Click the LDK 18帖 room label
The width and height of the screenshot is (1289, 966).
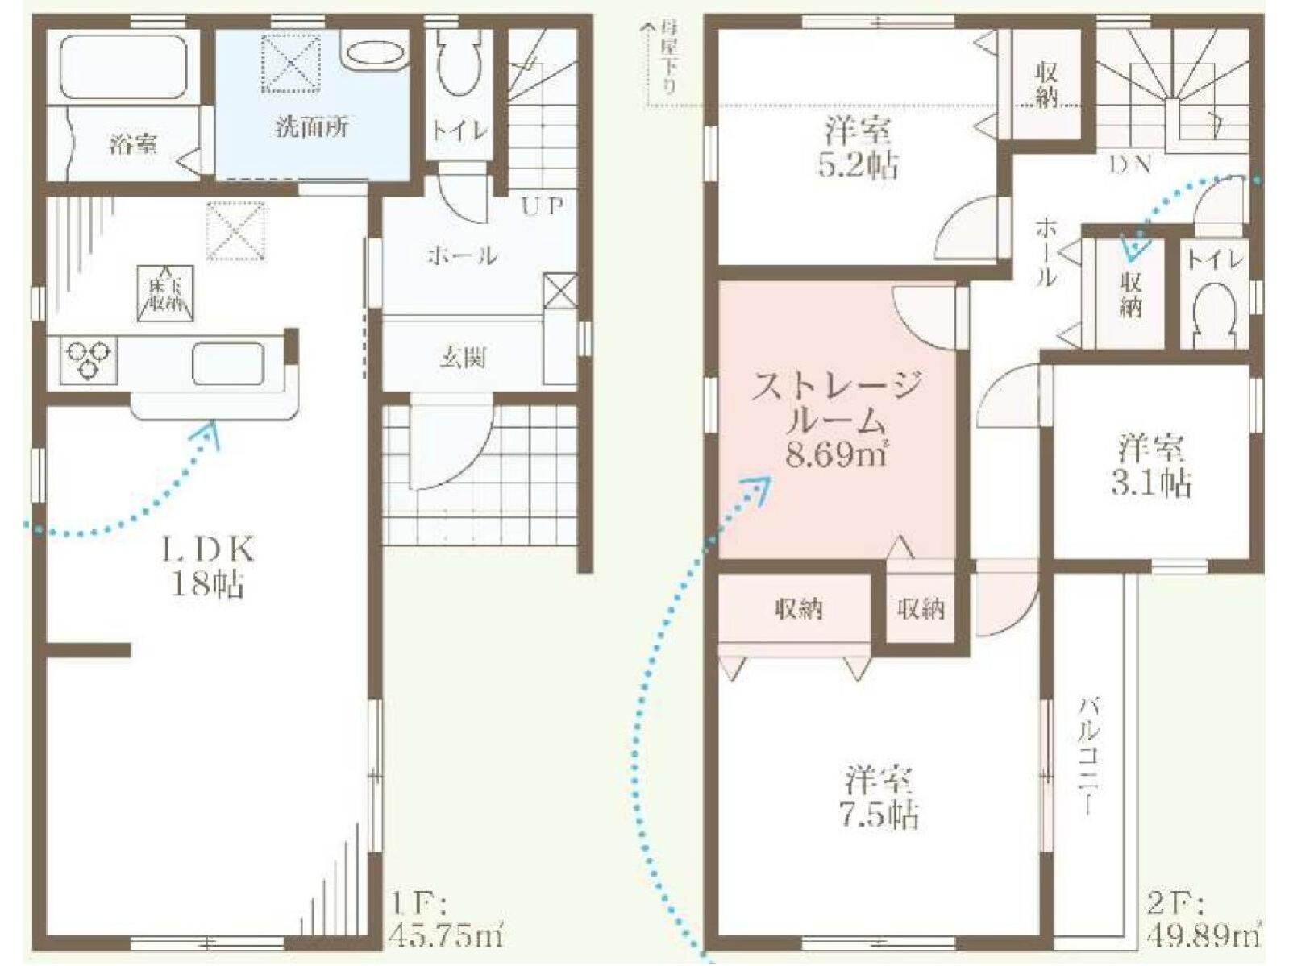pyautogui.click(x=208, y=566)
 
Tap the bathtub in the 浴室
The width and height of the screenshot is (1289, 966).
pyautogui.click(x=123, y=67)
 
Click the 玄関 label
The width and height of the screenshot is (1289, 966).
pyautogui.click(x=463, y=357)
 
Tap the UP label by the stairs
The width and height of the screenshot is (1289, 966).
pyautogui.click(x=542, y=205)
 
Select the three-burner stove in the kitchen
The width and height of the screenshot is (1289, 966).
pyautogui.click(x=87, y=359)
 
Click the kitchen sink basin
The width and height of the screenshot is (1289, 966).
pyautogui.click(x=228, y=364)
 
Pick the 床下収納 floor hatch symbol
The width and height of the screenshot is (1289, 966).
pyautogui.click(x=165, y=293)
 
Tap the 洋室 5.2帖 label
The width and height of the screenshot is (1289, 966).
pyautogui.click(x=858, y=148)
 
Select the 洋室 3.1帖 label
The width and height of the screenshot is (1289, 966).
pyautogui.click(x=1151, y=466)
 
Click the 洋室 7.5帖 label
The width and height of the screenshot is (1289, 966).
pyautogui.click(x=879, y=798)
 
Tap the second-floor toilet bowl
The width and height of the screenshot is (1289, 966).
pyautogui.click(x=1214, y=313)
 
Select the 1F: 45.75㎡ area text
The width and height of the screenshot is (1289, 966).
pyautogui.click(x=446, y=918)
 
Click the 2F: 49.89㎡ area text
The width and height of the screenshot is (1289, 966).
pyautogui.click(x=1204, y=918)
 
